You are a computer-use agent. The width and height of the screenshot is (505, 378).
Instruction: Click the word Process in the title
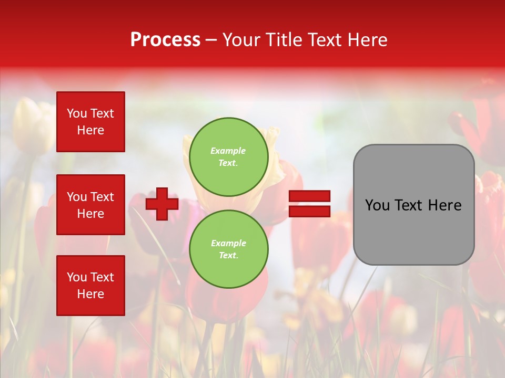(x=165, y=40)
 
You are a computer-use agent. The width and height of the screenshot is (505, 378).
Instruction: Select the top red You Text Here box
(x=90, y=122)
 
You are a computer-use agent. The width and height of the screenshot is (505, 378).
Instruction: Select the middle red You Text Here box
(x=90, y=205)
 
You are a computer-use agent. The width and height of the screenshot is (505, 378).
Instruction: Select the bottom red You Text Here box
(x=90, y=285)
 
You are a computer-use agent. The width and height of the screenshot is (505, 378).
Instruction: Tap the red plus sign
(x=162, y=204)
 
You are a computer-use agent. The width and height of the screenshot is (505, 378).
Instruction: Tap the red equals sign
(x=309, y=204)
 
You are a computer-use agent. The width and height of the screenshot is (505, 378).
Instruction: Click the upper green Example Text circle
(x=229, y=156)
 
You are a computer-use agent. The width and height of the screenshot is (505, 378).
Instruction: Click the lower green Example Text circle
(x=229, y=249)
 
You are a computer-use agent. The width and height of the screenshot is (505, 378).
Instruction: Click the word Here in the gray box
(x=444, y=205)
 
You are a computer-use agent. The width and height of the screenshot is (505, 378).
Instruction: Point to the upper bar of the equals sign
(x=309, y=196)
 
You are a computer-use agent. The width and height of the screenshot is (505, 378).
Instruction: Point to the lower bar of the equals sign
(x=309, y=211)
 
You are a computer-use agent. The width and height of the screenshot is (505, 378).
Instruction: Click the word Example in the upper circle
(x=228, y=151)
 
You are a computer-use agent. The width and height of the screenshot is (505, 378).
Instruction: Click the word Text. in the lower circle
(x=228, y=255)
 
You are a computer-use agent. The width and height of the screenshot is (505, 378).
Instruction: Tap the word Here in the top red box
(x=90, y=130)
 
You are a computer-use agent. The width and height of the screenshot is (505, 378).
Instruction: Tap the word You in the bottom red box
(x=77, y=277)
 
